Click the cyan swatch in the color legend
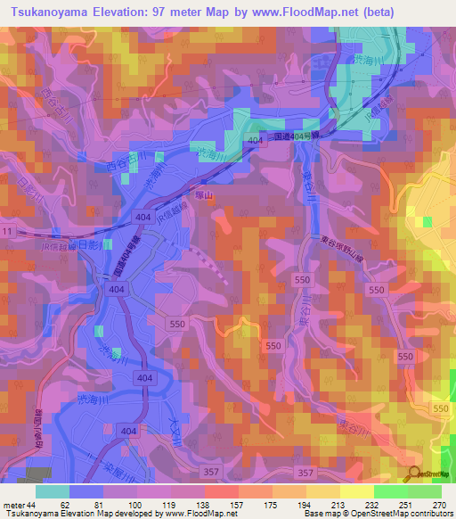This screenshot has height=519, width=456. [x=52, y=491]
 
